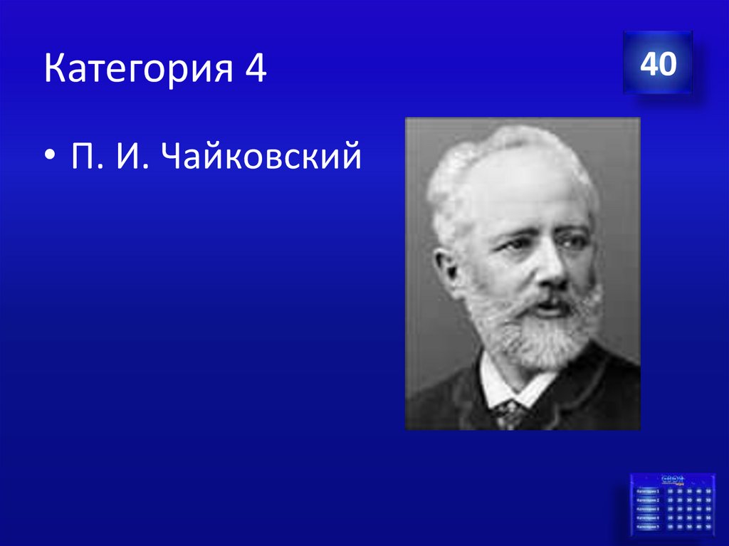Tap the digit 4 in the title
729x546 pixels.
pyautogui.click(x=256, y=70)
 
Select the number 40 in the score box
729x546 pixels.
pyautogui.click(x=657, y=64)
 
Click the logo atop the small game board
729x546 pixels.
pyautogui.click(x=673, y=478)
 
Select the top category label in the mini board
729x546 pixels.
pyautogui.click(x=649, y=491)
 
